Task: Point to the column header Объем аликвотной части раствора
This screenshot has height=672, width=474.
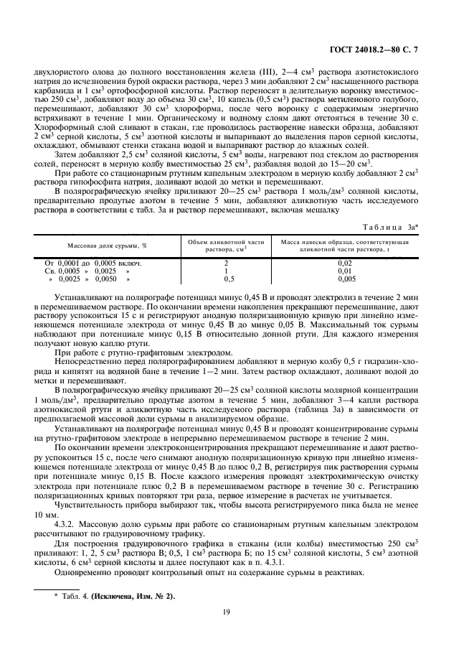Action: coord(226,245)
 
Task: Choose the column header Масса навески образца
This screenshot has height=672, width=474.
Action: coord(344,245)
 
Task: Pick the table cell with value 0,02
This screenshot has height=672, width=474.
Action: coord(344,263)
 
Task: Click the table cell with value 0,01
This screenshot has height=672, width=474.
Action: coord(344,271)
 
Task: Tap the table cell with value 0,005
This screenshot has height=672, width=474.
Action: coord(344,279)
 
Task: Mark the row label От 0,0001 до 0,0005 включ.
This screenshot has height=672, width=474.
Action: coord(93,263)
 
